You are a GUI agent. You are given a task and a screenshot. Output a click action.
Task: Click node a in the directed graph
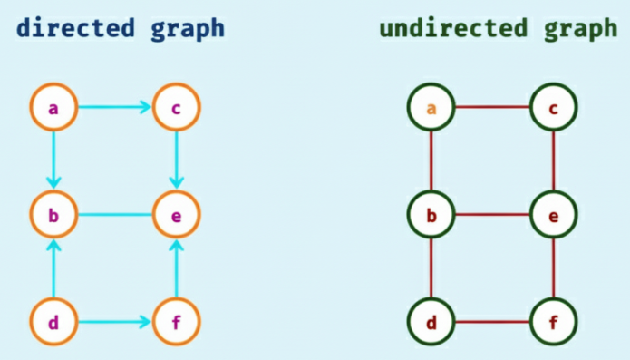[x=53, y=108]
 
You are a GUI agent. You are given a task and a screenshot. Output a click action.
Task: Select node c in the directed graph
[x=177, y=108]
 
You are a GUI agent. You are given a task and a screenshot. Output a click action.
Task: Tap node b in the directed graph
[x=53, y=215]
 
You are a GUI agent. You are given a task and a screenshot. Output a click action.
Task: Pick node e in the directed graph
[x=177, y=215]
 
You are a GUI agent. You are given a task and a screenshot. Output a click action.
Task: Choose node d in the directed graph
[x=53, y=321]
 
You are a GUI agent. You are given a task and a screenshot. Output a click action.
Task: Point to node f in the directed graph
[x=177, y=321]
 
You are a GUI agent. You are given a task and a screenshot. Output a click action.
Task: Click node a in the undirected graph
[x=431, y=108]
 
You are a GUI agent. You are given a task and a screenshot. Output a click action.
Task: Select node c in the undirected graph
[x=553, y=108]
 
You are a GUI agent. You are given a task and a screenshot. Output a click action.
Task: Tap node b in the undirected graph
[x=431, y=215]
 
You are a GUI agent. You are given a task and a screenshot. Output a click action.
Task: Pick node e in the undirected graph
[x=553, y=215]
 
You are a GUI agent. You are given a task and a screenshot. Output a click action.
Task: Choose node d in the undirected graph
[x=431, y=321]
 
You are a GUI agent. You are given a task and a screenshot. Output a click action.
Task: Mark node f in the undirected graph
[x=553, y=321]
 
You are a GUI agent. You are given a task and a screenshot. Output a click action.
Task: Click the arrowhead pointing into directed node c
[x=145, y=108]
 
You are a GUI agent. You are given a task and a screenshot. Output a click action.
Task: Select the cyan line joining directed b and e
[x=115, y=215]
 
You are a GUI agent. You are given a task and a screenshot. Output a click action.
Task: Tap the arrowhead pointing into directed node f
[x=145, y=321]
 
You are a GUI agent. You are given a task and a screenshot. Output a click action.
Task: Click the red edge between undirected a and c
[x=492, y=108]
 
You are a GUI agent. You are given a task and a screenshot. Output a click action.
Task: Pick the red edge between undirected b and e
[x=492, y=215]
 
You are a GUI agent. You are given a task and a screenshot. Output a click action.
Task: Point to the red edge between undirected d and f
[x=492, y=321]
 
